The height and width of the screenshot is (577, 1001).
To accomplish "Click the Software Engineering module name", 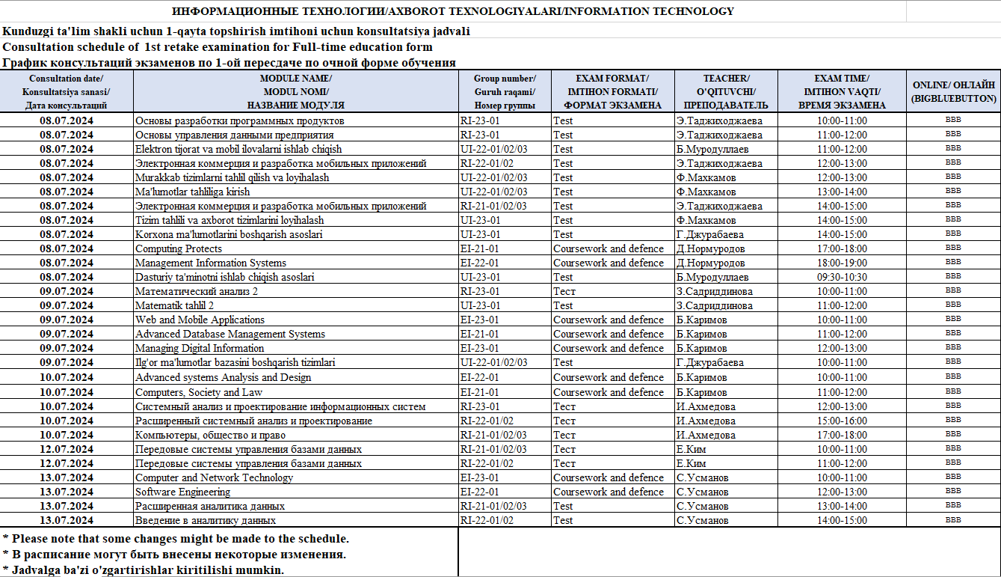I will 182,492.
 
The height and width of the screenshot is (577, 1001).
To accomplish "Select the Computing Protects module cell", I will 179,248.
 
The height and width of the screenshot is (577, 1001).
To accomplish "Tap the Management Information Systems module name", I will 211,263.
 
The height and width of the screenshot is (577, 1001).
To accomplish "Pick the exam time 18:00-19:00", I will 842,263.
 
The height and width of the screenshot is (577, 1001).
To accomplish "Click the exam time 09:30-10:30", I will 842,277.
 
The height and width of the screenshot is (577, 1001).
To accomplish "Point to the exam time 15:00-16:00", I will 842,421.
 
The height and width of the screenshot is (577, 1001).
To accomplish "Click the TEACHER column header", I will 726,91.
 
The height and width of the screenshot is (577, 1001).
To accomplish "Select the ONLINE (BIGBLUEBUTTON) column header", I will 953,91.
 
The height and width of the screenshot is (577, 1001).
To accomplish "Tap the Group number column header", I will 505,91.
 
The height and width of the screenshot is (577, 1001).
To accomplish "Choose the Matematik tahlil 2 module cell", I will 174,305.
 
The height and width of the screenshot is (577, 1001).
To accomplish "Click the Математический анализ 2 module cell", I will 197,291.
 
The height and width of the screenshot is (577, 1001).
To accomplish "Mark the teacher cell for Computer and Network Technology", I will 702,477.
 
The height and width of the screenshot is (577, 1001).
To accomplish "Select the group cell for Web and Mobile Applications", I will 480,320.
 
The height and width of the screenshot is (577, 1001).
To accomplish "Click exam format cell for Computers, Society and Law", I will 608,392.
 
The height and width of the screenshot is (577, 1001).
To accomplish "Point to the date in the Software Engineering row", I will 67,492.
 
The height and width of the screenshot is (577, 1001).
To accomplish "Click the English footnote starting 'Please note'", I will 176,538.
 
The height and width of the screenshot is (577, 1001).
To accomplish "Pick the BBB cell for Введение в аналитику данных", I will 953,520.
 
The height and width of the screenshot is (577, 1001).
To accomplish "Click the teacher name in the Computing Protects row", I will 710,248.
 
